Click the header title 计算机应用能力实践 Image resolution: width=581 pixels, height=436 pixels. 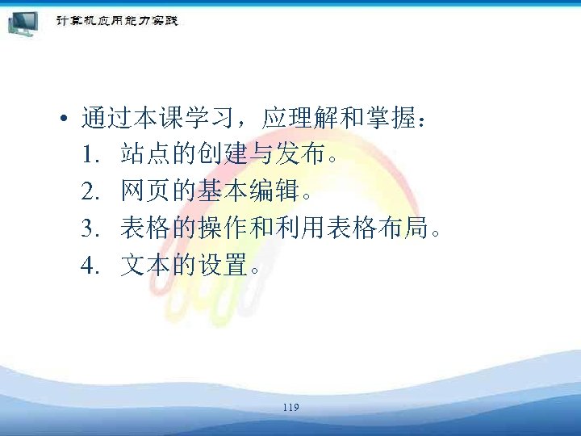tap(116, 19)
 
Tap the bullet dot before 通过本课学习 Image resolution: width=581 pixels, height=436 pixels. tap(62, 120)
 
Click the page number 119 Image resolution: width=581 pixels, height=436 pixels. tap(291, 409)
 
